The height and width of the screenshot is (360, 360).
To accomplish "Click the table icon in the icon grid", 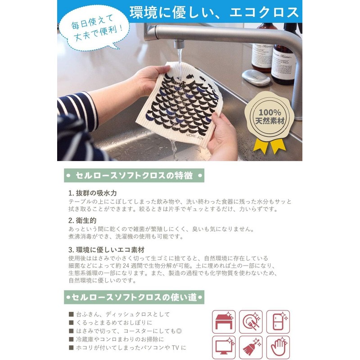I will pyautogui.click(x=224, y=321).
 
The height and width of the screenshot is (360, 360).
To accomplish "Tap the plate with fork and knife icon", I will pyautogui.click(x=251, y=321).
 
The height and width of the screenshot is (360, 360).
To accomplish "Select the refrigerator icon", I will pyautogui.click(x=278, y=321).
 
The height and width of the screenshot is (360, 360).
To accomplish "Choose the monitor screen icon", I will pyautogui.click(x=224, y=347).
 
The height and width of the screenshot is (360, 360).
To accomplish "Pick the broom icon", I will pyautogui.click(x=251, y=347).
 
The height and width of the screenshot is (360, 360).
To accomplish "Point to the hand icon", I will pyautogui.click(x=278, y=347).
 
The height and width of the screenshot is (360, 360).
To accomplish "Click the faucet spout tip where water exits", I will pyautogui.click(x=179, y=45).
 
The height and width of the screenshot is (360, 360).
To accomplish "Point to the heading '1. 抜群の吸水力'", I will pyautogui.click(x=92, y=193).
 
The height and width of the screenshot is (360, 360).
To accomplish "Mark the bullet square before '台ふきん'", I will pyautogui.click(x=71, y=314).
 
